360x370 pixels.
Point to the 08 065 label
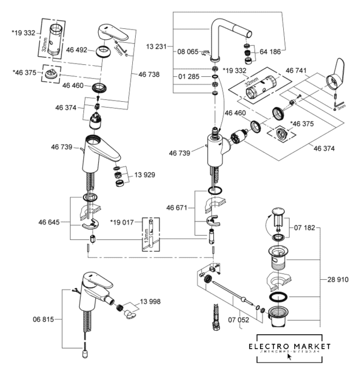point(187,51)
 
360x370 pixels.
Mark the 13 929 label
point(146,175)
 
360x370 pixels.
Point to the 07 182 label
point(305,228)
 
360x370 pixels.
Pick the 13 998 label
point(149,302)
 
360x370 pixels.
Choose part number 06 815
point(44,319)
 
